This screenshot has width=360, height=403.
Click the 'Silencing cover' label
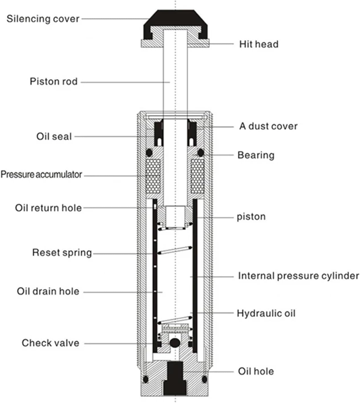43,19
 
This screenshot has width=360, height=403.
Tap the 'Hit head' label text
259,44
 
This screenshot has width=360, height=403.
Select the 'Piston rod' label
54,82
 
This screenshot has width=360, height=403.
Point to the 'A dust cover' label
268,126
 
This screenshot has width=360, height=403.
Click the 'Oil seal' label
54,136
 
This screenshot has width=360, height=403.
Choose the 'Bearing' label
256,155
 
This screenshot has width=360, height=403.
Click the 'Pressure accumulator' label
41,174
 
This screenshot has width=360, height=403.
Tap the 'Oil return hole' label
48,208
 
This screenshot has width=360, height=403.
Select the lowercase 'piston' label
251,217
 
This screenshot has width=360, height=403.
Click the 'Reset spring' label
62,253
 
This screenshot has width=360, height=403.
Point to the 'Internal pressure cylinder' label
298,276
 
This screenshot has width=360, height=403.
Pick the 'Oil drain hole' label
48,291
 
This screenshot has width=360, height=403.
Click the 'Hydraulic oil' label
266,313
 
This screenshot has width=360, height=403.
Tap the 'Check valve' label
50,343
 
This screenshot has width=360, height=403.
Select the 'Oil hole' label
256,371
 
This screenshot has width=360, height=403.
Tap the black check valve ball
174,343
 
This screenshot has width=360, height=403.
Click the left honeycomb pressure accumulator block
153,176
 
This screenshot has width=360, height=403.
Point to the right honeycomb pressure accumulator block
197,176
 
